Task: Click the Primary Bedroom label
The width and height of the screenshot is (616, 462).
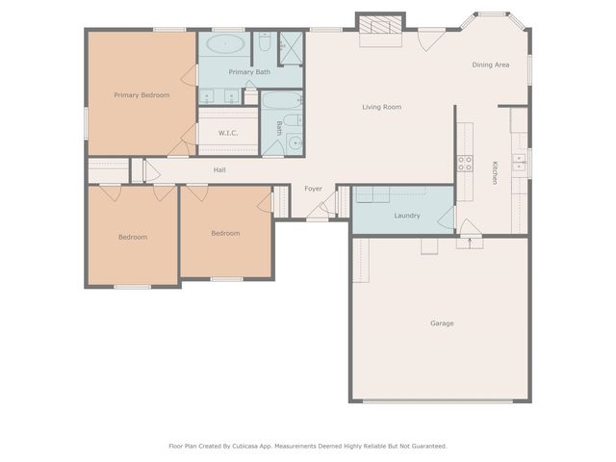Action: point(141,94)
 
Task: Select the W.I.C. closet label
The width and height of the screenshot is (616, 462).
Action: point(228,133)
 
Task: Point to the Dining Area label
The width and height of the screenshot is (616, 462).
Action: point(490,64)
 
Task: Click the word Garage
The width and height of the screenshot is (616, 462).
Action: point(442,323)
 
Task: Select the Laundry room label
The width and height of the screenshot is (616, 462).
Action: point(407,216)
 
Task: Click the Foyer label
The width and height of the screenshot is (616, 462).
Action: point(314,188)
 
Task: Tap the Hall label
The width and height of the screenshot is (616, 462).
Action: point(220,170)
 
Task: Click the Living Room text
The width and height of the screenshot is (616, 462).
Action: point(381,107)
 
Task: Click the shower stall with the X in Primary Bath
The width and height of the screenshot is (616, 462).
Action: point(291,44)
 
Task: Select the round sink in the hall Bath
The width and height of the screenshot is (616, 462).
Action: point(295,144)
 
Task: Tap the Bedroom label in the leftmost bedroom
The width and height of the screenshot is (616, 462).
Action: point(133,237)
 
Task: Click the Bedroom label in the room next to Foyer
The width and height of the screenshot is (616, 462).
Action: point(225,233)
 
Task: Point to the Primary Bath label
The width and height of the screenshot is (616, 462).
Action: point(249,71)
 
